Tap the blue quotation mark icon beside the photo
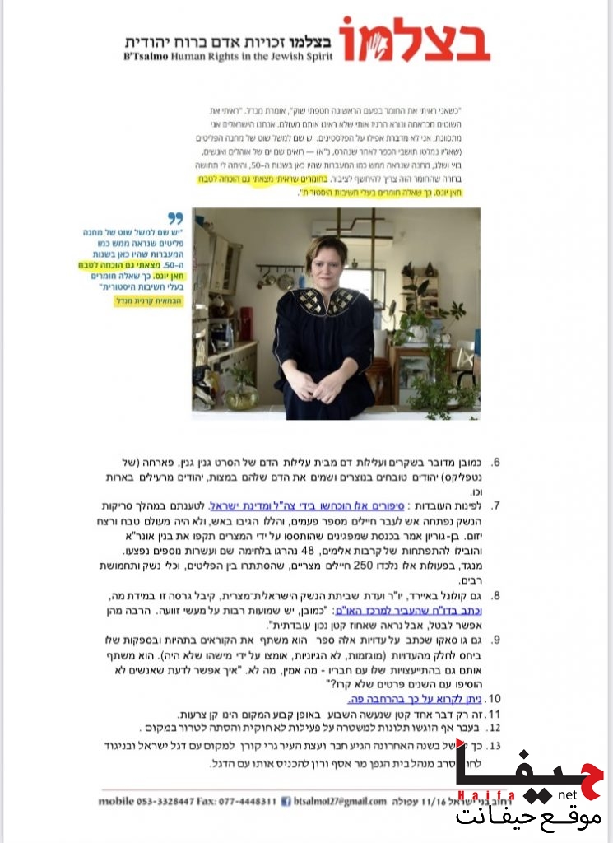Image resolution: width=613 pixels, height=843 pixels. [175, 218]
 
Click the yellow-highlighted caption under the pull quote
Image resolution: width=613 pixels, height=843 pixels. [146, 302]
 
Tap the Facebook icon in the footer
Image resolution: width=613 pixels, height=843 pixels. [286, 801]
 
